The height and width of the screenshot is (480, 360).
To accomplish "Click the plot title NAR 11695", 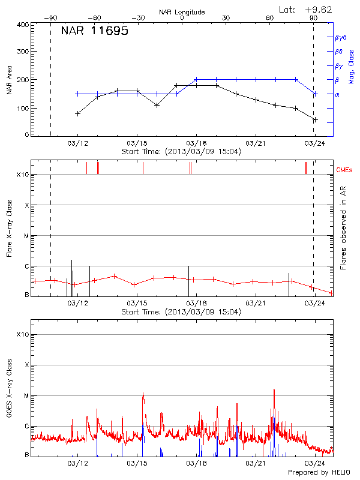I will [95, 31].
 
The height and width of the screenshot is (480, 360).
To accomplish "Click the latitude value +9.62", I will [319, 9].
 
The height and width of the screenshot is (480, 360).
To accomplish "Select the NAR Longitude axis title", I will [182, 11].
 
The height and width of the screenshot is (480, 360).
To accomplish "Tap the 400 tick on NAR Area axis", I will [23, 25].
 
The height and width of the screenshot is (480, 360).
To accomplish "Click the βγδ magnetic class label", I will [341, 37].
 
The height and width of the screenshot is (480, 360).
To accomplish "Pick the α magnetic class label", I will [337, 94].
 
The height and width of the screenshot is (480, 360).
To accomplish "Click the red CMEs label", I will [344, 170].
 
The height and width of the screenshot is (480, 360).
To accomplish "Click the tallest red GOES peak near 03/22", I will [274, 390].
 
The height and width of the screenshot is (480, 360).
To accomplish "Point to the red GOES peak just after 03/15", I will [143, 394].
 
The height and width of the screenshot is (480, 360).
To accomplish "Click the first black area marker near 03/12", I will [77, 113].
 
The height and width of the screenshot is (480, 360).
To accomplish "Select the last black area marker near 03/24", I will [314, 120].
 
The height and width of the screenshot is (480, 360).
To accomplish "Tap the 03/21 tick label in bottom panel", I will [256, 463].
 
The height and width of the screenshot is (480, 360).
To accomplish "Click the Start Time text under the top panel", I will [181, 151].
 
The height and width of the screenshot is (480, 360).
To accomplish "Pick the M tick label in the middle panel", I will [27, 236].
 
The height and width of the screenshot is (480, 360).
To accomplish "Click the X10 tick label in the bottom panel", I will [23, 334].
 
